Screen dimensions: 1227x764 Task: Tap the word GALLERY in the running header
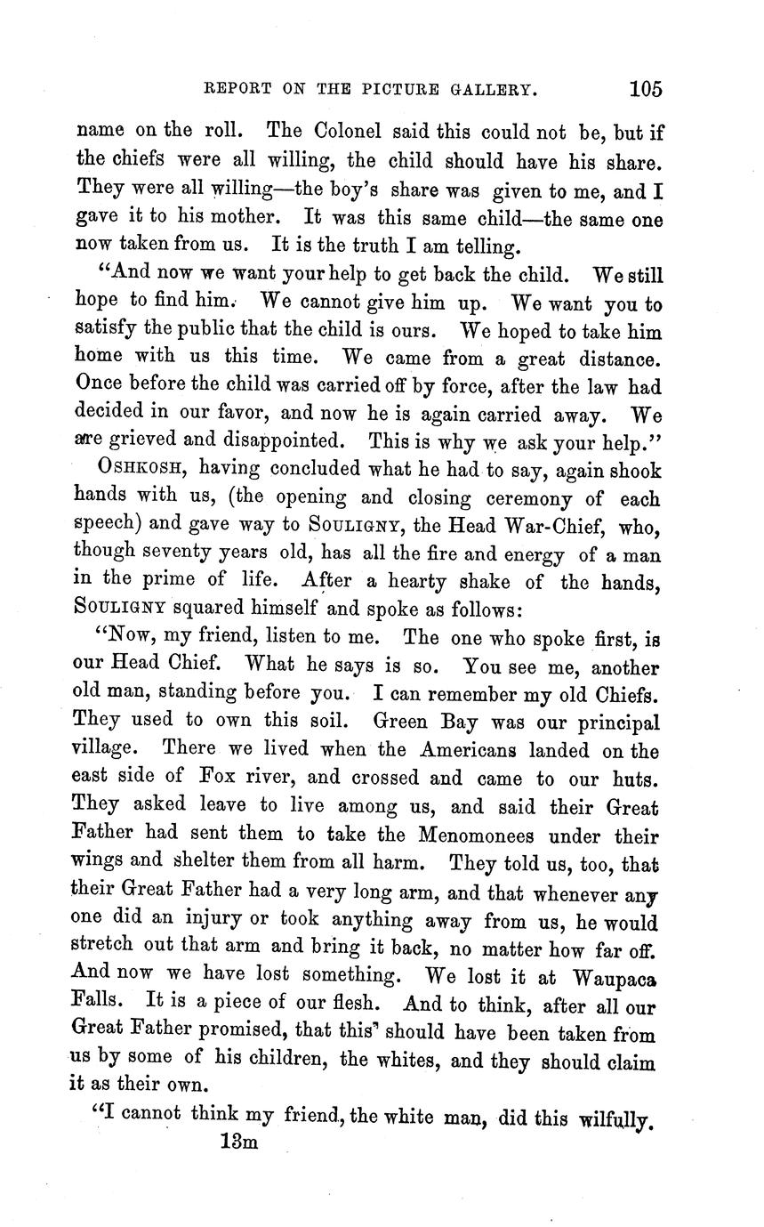point(486,90)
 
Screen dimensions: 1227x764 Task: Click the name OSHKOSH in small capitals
point(142,467)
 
